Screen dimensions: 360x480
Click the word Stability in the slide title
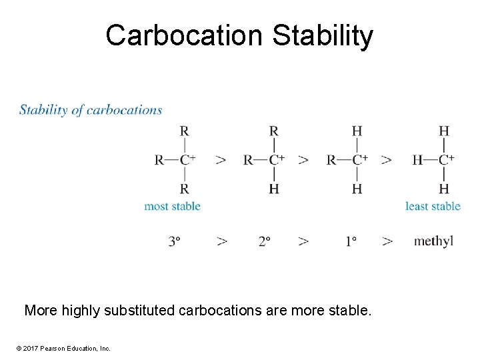point(323,35)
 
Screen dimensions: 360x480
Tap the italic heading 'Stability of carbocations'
point(91,110)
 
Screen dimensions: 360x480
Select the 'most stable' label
point(172,206)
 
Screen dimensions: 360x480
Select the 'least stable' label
point(433,206)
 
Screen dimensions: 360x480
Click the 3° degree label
point(175,241)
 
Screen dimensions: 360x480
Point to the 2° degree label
point(265,241)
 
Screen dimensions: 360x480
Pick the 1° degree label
point(351,241)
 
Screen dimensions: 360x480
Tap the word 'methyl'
point(433,241)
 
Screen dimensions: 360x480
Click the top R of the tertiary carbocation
point(183,131)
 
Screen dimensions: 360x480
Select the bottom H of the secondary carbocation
point(273,189)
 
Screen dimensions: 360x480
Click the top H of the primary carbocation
point(357,131)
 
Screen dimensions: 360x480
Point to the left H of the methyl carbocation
point(417,160)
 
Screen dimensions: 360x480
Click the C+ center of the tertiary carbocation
point(187,159)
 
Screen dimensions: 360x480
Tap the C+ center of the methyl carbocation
point(446,159)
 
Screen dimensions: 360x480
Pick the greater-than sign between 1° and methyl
point(387,241)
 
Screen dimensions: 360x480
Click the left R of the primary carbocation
point(331,160)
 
